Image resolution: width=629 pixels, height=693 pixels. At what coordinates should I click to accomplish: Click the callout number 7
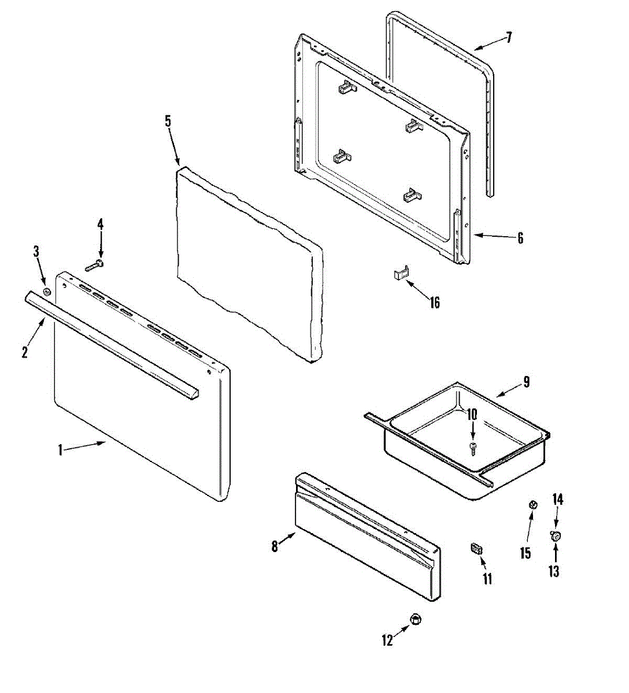click(509, 39)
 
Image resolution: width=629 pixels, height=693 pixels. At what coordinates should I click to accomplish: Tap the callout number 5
click(168, 121)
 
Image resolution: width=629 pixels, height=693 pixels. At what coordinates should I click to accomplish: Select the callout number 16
click(435, 302)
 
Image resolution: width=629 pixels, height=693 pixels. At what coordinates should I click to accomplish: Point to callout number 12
click(387, 640)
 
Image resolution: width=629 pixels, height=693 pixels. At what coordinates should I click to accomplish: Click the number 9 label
click(526, 382)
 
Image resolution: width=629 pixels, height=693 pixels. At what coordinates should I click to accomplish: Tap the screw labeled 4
click(94, 266)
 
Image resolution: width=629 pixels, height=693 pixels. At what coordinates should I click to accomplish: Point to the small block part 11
click(477, 548)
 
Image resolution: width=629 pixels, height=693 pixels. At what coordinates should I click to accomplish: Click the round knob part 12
click(415, 619)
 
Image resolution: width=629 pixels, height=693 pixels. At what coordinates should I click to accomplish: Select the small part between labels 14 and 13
click(556, 536)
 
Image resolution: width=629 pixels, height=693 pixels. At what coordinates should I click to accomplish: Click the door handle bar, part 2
click(110, 344)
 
